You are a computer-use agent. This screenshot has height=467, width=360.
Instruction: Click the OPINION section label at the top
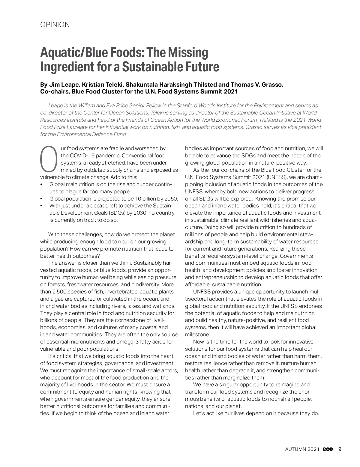pos(55,25)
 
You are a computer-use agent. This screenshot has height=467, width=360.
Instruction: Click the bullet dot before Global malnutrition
pos(41,184)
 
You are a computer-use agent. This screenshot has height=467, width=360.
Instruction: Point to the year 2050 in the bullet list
pos(172,198)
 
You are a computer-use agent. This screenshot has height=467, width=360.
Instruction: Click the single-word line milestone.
pos(197,335)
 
